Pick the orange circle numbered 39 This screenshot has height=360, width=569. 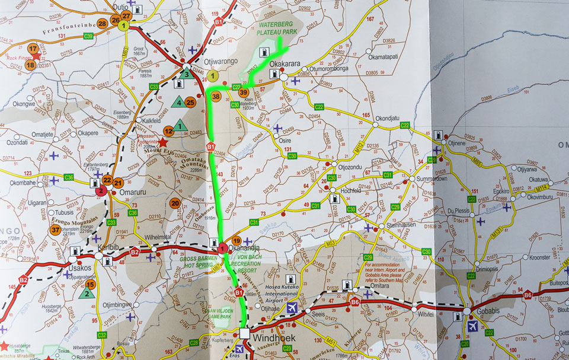point(244,92)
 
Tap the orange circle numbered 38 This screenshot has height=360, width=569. point(216,96)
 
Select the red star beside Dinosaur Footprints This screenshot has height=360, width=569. point(163,142)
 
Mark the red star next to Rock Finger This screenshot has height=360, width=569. point(37,56)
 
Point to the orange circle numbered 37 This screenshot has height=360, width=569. point(56,230)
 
